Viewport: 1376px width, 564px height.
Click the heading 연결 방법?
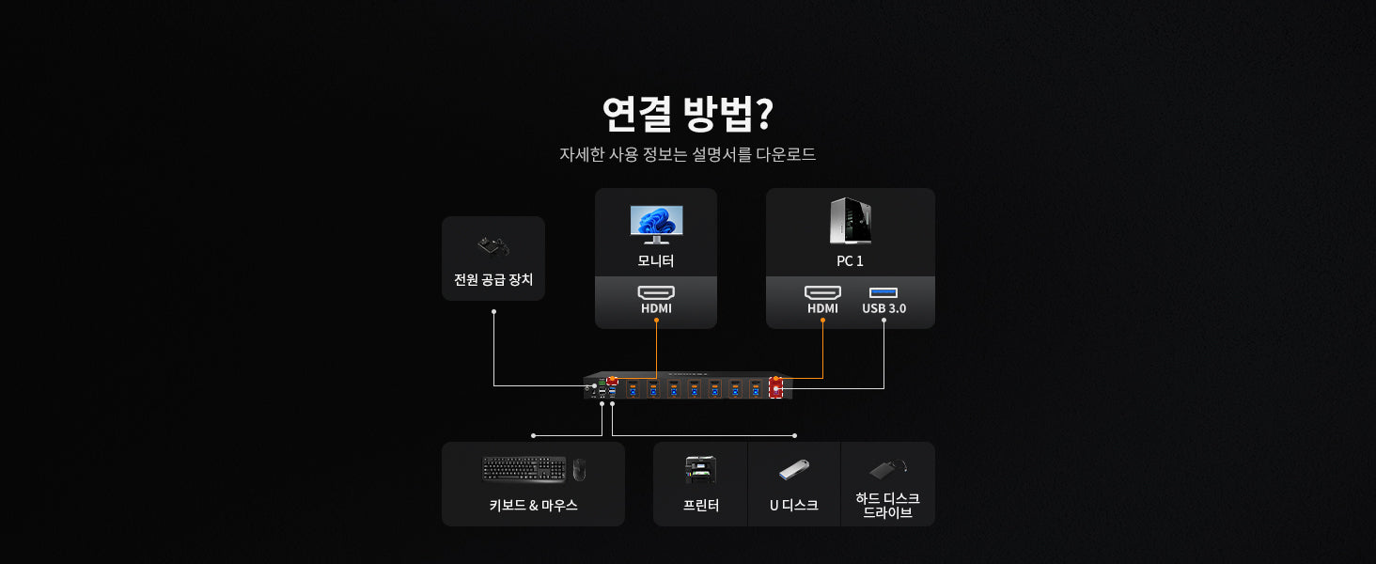tap(687, 115)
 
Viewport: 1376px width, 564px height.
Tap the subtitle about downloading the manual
tap(687, 154)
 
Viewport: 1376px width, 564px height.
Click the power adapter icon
tap(493, 247)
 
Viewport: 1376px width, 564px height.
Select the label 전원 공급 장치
tap(493, 280)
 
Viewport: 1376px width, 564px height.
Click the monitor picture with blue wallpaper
tap(656, 224)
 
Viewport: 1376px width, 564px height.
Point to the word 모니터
tap(656, 260)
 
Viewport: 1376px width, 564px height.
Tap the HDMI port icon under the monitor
tap(656, 292)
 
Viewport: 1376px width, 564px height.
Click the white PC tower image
tap(850, 221)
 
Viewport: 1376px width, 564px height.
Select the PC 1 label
tap(850, 260)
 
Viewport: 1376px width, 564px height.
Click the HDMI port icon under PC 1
tap(822, 292)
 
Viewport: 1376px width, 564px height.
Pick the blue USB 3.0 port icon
tap(883, 292)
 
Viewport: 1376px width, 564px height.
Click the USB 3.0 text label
tap(883, 308)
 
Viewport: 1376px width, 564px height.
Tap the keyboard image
tap(524, 468)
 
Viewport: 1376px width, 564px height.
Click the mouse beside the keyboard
tap(579, 469)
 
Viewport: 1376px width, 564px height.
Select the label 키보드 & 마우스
tap(533, 505)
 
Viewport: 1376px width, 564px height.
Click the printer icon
tap(700, 469)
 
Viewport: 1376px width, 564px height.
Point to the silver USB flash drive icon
tap(794, 469)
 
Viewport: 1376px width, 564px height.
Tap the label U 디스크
tap(794, 505)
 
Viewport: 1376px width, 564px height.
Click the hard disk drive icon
tap(887, 468)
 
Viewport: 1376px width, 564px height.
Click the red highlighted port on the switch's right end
tap(776, 387)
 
